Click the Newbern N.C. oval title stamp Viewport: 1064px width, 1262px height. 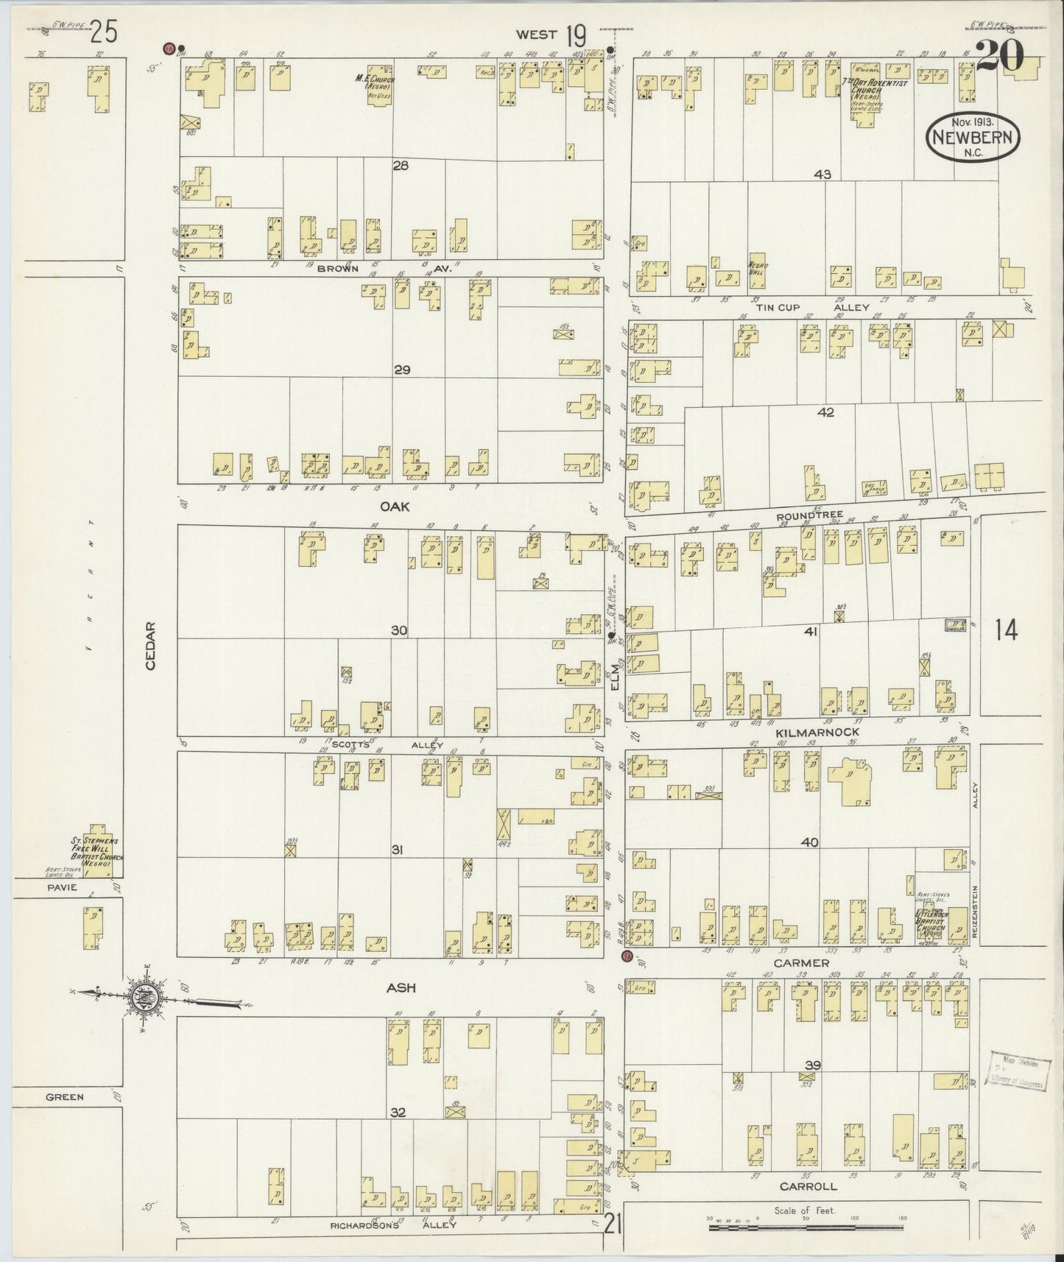[x=974, y=137]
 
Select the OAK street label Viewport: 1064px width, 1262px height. [x=395, y=507]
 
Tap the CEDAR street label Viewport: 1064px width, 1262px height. [x=151, y=646]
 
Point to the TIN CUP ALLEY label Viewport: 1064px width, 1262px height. [x=812, y=307]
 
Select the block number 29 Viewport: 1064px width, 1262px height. [x=401, y=370]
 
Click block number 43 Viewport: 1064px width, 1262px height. [x=822, y=175]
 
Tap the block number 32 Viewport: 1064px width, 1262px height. [x=398, y=1113]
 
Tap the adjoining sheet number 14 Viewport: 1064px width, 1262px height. [x=1005, y=630]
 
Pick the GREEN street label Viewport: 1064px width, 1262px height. [x=65, y=1096]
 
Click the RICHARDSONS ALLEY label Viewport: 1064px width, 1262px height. [x=402, y=1225]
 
